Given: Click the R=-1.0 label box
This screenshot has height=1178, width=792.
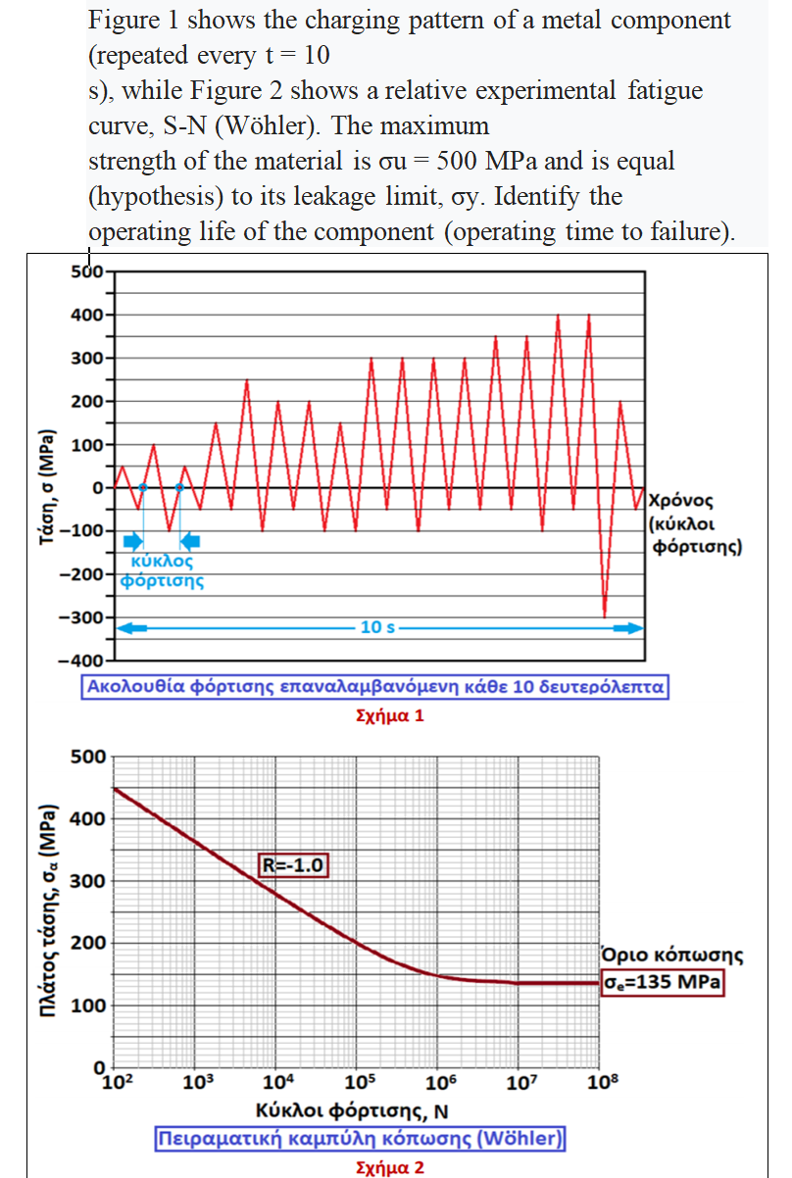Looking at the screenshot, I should (293, 864).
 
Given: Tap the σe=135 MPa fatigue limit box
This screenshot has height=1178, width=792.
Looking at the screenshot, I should (662, 981).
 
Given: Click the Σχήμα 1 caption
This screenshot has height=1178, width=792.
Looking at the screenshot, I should (390, 715).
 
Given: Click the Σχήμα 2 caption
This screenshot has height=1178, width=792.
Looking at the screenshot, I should (390, 1167).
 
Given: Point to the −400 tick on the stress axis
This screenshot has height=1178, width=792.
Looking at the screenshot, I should (86, 662).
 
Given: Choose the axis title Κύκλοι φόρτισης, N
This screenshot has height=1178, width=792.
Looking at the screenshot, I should (352, 1111).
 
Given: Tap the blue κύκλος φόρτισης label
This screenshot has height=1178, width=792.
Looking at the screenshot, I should (162, 571).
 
